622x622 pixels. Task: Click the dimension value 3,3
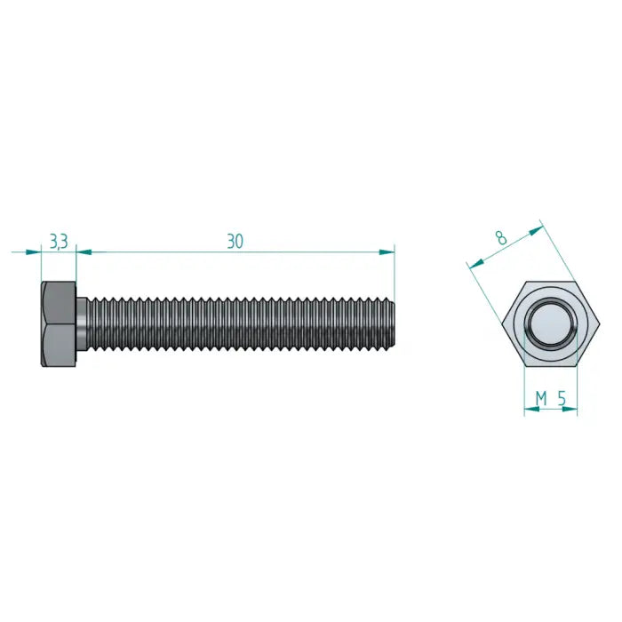58,242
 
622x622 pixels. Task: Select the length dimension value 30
235,242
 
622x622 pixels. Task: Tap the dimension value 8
501,237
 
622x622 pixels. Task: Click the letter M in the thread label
540,399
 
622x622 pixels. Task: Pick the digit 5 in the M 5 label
562,399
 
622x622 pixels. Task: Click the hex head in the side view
58,325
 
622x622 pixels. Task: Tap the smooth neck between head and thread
82,324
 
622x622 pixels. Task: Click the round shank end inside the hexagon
549,325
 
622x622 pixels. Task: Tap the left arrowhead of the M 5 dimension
528,411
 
